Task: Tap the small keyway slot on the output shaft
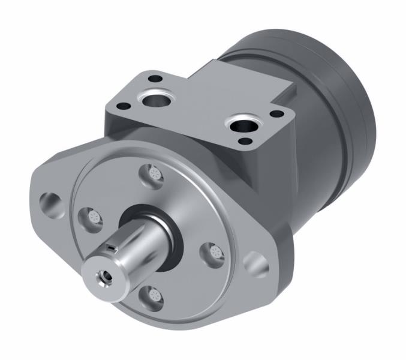tap(112, 245)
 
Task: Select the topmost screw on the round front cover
tap(151, 175)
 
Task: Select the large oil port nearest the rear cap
tap(244, 126)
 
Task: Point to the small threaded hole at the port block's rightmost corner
tap(276, 113)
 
